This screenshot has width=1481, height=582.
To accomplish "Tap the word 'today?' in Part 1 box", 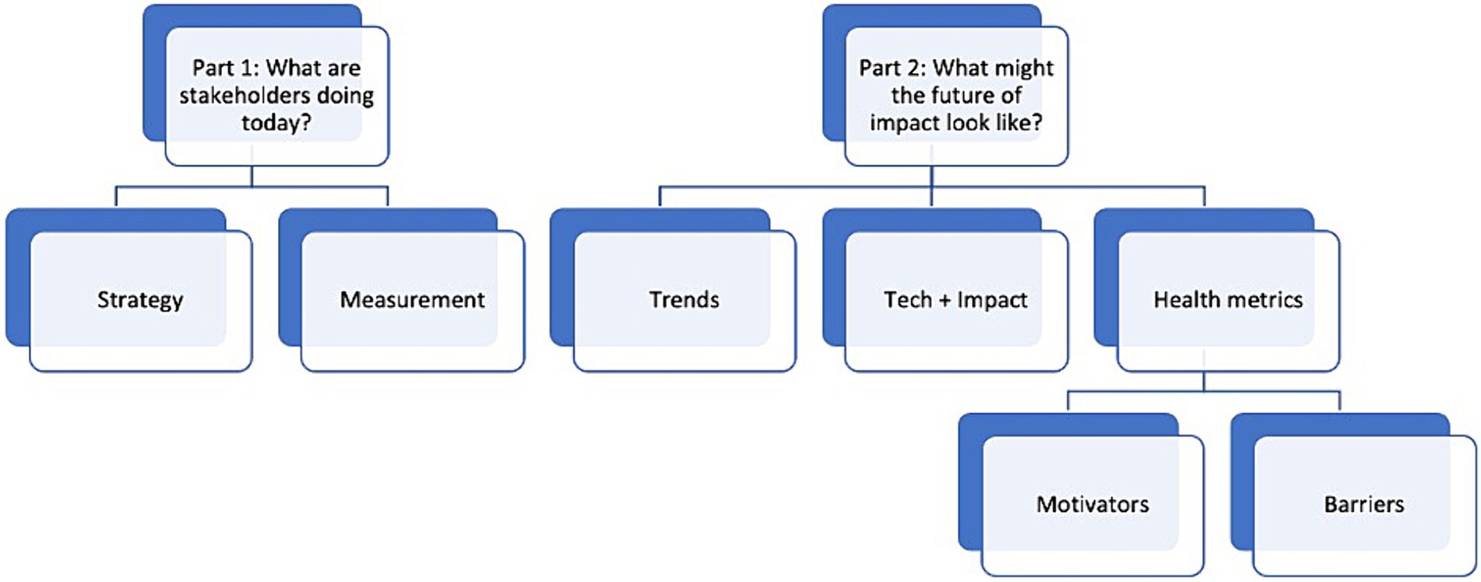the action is tap(276, 123).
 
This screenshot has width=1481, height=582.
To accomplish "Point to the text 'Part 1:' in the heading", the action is tap(225, 68).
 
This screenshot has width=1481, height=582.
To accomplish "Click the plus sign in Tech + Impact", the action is tap(945, 300).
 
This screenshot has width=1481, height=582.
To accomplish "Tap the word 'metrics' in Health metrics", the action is tap(1264, 300).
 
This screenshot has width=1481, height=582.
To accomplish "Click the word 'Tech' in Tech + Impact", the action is tap(908, 300).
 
